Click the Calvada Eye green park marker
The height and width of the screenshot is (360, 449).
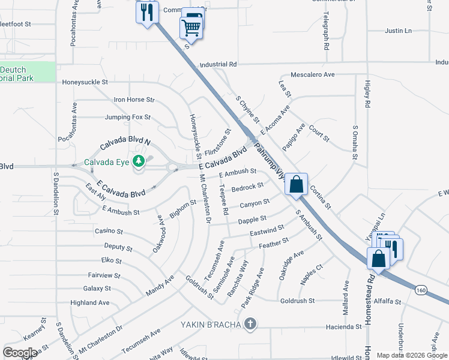pyautogui.click(x=139, y=161)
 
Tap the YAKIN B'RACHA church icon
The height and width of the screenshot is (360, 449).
pyautogui.click(x=251, y=325)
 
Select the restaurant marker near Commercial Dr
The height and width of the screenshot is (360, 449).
pyautogui.click(x=147, y=12)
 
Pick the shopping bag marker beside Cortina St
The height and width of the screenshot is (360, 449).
pyautogui.click(x=297, y=184)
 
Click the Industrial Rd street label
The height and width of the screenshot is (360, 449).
pyautogui.click(x=218, y=64)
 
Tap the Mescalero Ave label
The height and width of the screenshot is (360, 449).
pyautogui.click(x=312, y=75)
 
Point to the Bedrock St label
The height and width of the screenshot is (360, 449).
pyautogui.click(x=247, y=187)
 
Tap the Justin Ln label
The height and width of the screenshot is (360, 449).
pyautogui.click(x=399, y=31)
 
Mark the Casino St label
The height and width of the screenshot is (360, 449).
pyautogui.click(x=109, y=231)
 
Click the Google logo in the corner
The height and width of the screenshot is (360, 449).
pyautogui.click(x=20, y=352)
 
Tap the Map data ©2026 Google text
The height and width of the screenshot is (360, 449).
pyautogui.click(x=411, y=355)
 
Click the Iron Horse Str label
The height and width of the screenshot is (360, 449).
pyautogui.click(x=134, y=100)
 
